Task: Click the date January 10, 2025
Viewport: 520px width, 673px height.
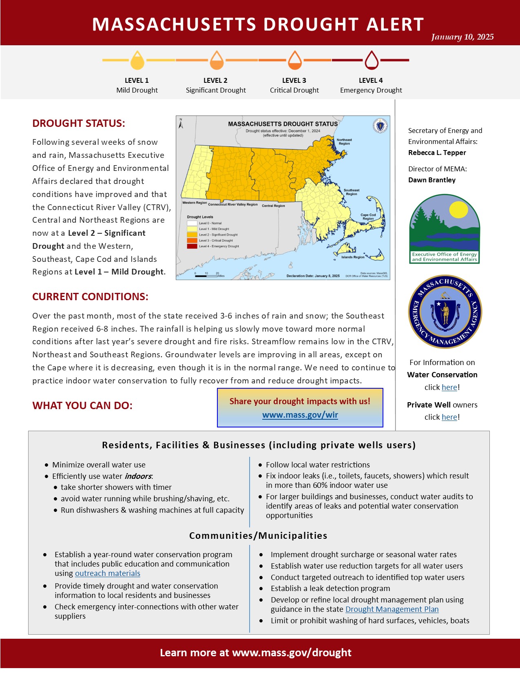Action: coord(462,37)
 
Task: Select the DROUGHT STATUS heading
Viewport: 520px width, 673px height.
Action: coord(79,124)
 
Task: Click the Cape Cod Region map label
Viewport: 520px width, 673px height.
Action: coord(368,217)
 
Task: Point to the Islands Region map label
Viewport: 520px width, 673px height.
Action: coord(353,257)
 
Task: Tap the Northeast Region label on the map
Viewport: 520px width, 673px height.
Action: coord(344,142)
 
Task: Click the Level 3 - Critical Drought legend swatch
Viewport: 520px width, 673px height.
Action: coord(192,241)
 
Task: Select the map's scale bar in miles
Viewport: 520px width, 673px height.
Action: coord(206,276)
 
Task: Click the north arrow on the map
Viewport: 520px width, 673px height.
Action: coord(181,124)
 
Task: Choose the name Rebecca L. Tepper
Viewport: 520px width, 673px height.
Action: coord(437,153)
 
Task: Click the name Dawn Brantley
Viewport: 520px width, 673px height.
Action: coord(432,180)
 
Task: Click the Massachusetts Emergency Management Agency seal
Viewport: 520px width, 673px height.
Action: coord(445,312)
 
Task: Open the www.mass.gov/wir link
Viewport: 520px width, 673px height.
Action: coord(300,415)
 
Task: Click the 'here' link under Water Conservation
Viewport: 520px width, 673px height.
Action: coord(449,387)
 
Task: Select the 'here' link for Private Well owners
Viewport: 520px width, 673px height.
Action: coord(449,417)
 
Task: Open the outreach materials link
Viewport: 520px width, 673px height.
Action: coord(107,573)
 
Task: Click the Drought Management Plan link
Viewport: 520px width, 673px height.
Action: coord(392,609)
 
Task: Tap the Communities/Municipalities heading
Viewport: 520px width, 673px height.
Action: coord(258,536)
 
